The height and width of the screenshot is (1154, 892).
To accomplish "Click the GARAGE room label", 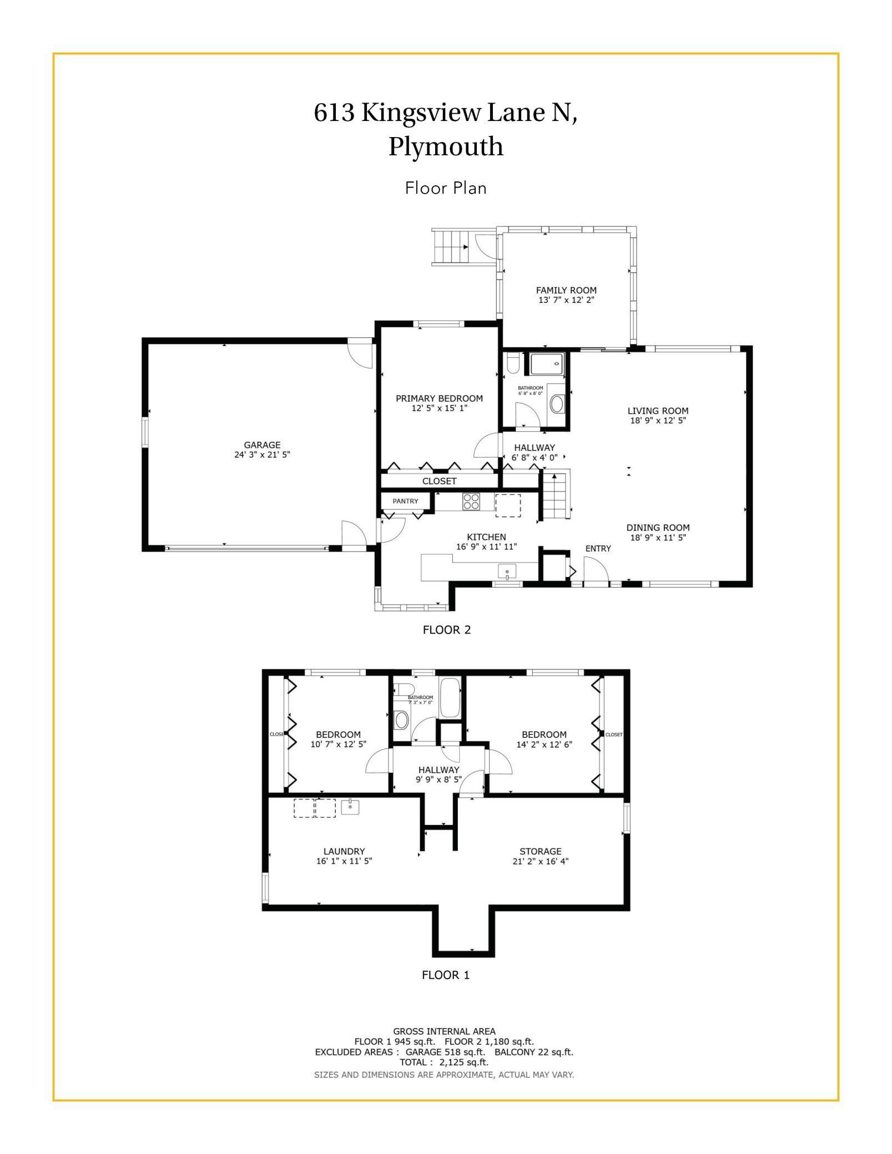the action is coord(262,444).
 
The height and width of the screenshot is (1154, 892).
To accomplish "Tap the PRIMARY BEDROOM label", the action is coord(439,398).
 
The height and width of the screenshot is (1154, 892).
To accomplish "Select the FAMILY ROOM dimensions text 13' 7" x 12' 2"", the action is coord(566,300).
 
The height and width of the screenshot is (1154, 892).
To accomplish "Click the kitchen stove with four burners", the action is coord(471,502).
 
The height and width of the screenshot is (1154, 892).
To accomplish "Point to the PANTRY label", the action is coord(405,501).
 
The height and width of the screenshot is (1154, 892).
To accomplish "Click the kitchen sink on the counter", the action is coord(507,571).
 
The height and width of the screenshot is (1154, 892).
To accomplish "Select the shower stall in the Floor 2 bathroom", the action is coord(547,364).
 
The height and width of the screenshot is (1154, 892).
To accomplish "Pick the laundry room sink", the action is coord(350,807).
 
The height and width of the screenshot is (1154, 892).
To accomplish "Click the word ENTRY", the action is coord(598,548).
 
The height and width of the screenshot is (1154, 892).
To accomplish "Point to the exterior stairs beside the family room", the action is coord(451,246).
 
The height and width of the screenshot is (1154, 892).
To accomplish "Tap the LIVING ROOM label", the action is coord(658,411).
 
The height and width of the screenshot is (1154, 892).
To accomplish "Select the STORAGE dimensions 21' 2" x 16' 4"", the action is coord(541,861).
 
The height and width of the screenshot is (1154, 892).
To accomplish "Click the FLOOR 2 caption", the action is coord(447,630).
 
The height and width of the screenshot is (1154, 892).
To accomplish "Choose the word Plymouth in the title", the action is coord(446,147).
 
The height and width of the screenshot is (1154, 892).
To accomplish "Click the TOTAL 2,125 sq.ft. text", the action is coord(444,1062).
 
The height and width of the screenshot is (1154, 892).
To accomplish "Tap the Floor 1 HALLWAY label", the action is coord(439,770).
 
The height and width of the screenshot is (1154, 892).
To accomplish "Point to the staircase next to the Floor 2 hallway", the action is coord(557,495).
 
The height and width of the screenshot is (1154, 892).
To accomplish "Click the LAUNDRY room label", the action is coord(344,851).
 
